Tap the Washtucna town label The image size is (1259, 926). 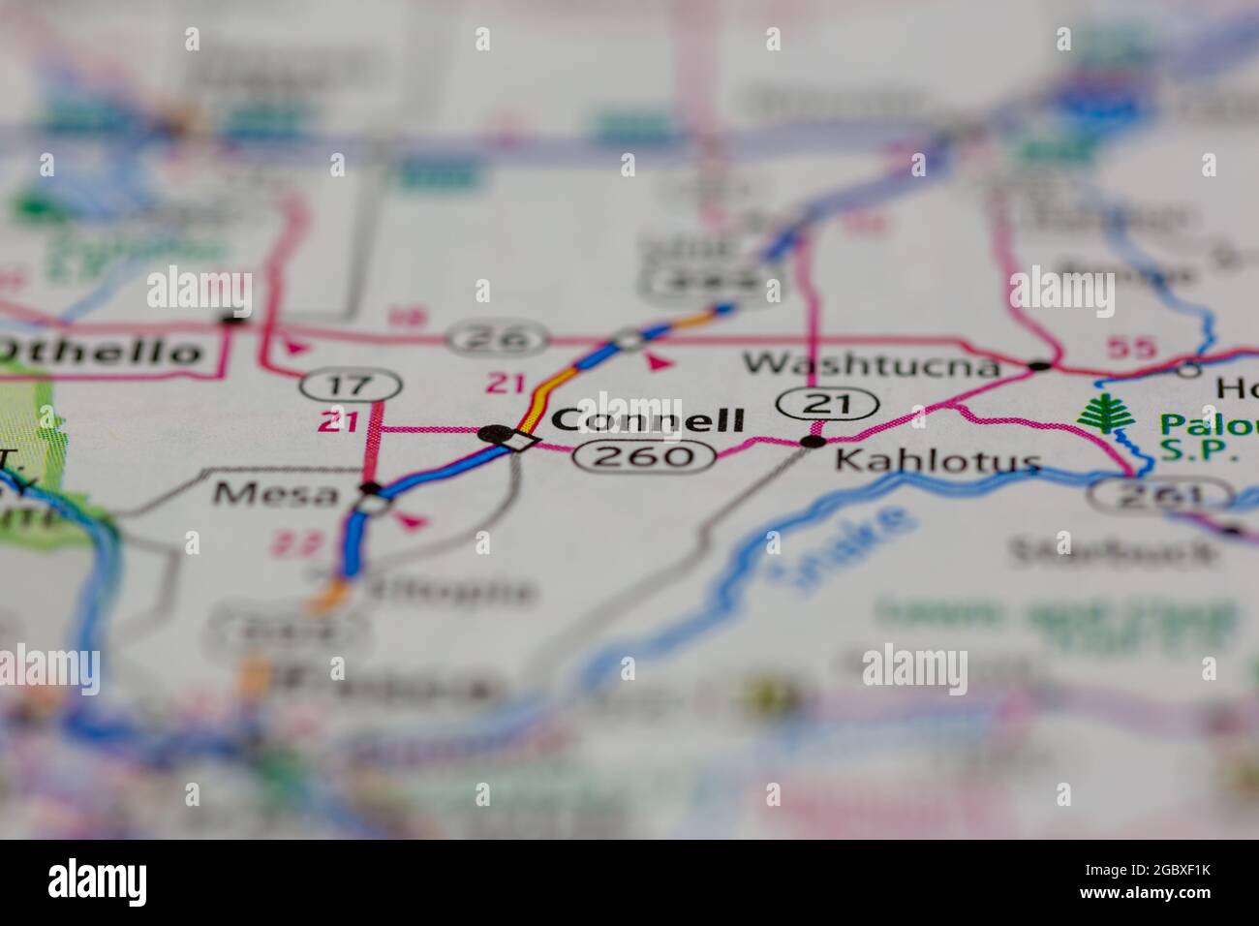point(871,364)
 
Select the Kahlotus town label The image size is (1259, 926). point(937,461)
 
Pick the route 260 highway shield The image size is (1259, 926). point(644,455)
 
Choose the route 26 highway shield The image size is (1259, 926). point(498,339)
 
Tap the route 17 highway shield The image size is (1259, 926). point(350,385)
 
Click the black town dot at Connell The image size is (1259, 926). point(495,433)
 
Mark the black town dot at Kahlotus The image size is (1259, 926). point(814,442)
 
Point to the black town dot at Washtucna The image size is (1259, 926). point(1039,366)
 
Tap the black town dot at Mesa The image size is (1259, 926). point(369,487)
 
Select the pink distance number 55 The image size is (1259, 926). point(1130,349)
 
